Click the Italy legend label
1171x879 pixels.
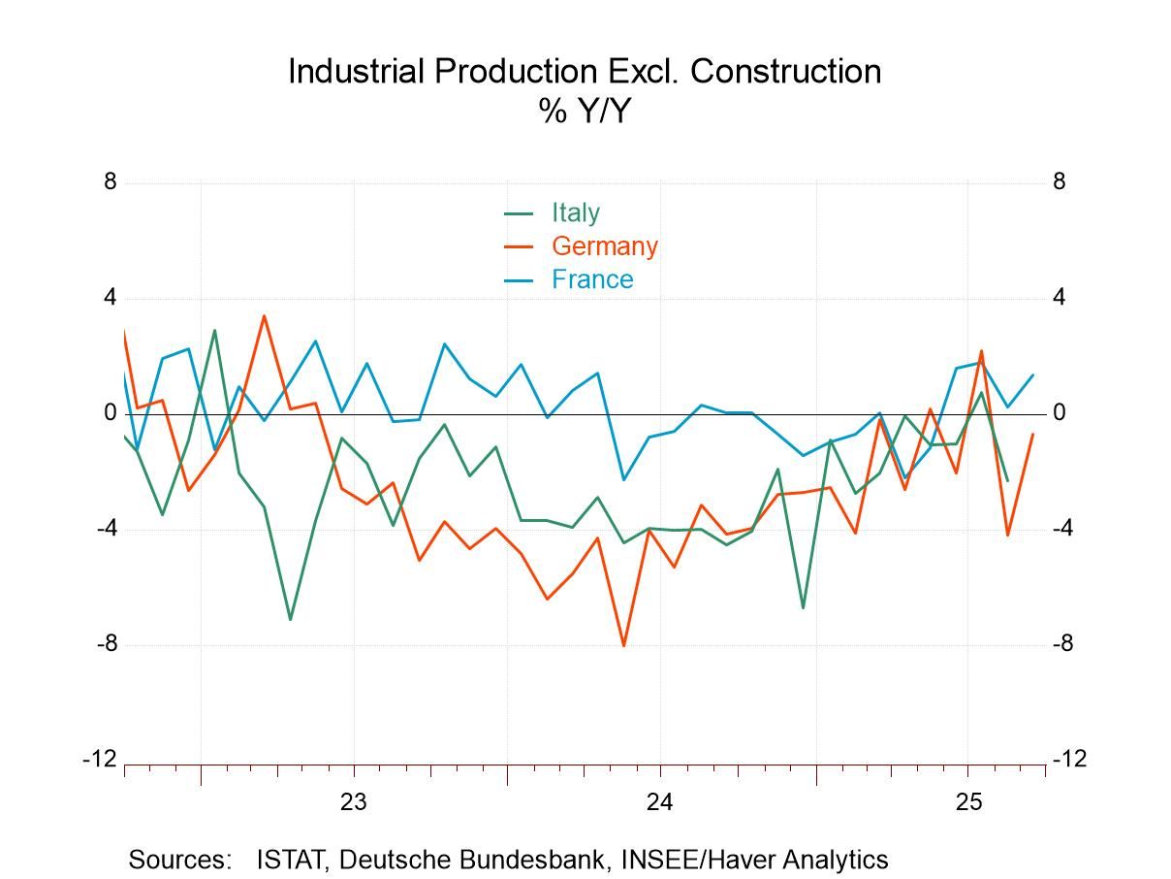(x=575, y=212)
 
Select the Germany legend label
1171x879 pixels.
(x=604, y=246)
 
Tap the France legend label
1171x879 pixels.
(x=591, y=279)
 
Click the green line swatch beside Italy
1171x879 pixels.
(x=519, y=213)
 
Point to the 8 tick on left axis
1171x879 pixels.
(x=110, y=182)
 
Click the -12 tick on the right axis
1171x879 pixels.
(x=1069, y=760)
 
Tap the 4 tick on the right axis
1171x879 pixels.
(x=1060, y=298)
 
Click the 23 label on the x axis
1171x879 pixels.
(x=354, y=802)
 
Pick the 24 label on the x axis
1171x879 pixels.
(x=660, y=802)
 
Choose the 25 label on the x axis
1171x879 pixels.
(x=967, y=802)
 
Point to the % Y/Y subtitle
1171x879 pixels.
(x=585, y=112)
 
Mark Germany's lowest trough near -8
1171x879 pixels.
(x=623, y=645)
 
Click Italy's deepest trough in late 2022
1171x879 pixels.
(x=290, y=619)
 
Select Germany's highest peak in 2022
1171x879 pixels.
(x=265, y=315)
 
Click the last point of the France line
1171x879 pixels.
(x=1033, y=374)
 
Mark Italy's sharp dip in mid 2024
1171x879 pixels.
(x=803, y=608)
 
